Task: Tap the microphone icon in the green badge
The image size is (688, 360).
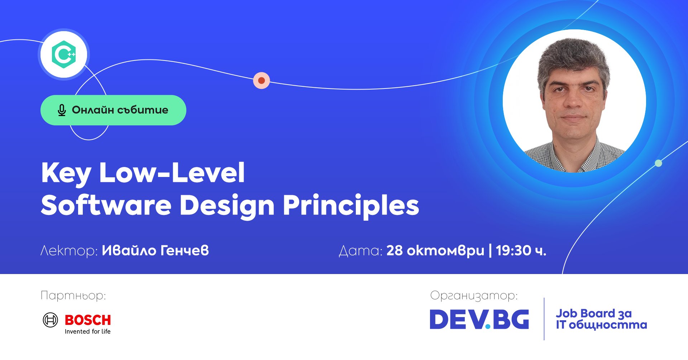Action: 62,110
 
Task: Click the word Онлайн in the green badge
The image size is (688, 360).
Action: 93,110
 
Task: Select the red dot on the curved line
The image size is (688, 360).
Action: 262,81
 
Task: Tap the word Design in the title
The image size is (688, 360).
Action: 227,207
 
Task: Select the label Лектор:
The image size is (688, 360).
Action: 69,251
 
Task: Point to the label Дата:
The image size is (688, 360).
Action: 361,251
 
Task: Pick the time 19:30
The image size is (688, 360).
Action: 513,250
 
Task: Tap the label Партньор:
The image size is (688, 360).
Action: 73,296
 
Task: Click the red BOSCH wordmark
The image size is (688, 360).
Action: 88,320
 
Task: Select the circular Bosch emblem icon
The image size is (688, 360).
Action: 50,320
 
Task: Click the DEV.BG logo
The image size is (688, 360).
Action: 479,319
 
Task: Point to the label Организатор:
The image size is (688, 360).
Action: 474,296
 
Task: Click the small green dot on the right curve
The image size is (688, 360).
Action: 658,163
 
